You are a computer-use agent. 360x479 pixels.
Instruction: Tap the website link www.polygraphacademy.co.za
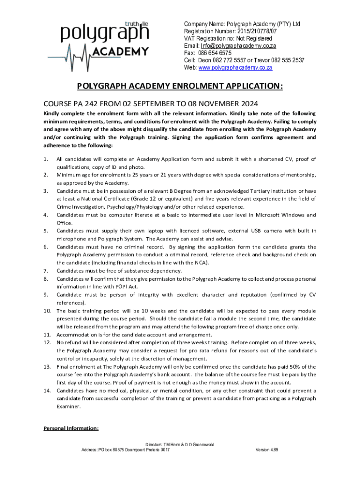235,67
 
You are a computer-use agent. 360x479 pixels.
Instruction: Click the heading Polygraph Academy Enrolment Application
180,87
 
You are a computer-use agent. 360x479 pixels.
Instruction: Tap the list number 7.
46,271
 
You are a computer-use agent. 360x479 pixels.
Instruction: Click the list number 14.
47,391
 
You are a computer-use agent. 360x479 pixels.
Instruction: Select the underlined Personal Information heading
71,428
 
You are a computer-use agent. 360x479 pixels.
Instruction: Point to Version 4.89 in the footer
267,450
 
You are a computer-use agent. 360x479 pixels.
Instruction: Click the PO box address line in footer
126,450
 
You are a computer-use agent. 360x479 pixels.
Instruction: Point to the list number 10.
47,311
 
